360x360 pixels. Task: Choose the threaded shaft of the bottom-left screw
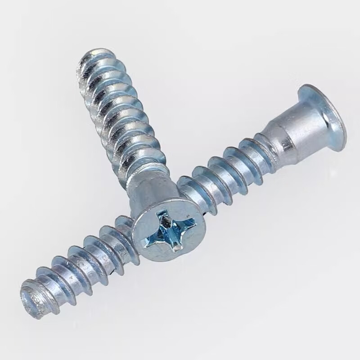click(81, 265)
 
